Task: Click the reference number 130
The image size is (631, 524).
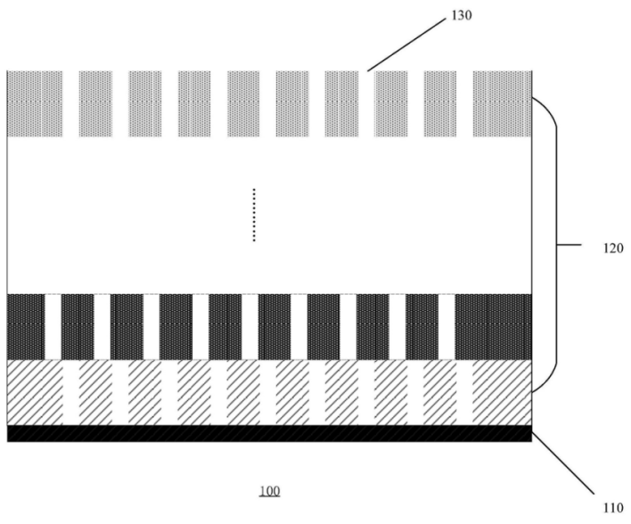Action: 461,16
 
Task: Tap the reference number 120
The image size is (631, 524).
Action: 613,249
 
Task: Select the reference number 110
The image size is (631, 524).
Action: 613,508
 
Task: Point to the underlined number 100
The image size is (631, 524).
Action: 270,491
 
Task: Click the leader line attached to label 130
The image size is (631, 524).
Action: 406,45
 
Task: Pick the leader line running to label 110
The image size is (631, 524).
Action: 562,463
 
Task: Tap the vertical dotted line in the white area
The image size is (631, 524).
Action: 254,215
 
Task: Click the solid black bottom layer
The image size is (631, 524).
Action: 270,433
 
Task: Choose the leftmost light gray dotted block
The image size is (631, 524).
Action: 35,104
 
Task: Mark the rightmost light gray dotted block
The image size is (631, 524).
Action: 503,104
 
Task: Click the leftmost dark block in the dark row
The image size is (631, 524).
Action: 26,327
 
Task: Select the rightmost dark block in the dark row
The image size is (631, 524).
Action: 494,327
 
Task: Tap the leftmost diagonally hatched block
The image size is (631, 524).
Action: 35,392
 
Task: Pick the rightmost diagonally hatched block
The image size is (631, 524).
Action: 503,392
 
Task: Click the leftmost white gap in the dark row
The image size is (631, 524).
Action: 53,327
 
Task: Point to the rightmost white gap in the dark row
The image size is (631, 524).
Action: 447,327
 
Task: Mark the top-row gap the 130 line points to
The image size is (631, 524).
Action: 366,104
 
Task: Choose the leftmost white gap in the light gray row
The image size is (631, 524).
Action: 70,104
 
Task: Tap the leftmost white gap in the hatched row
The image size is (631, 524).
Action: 70,392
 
